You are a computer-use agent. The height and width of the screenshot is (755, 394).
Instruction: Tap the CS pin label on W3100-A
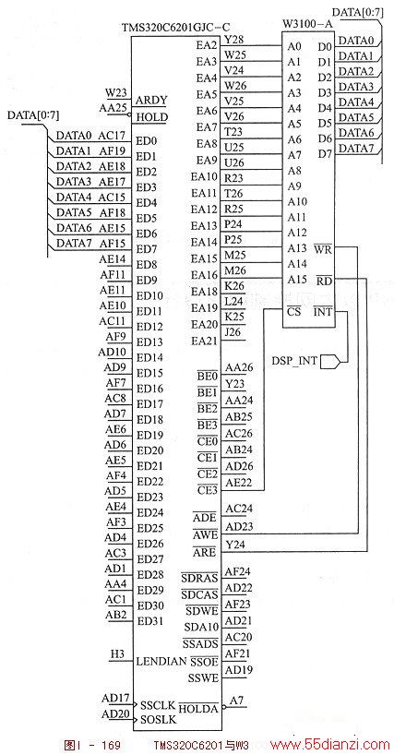coord(294,312)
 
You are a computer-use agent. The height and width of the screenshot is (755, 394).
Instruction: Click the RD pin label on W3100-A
coord(324,281)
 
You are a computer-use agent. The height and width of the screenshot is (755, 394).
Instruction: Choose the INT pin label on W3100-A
coord(322,312)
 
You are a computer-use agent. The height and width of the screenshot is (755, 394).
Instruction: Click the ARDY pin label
coord(151,101)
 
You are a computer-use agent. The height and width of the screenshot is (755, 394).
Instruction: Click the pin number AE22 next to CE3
coord(235,482)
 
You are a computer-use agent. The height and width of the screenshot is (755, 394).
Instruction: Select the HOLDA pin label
coord(198,708)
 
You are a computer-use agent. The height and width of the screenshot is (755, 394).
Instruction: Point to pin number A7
coord(236,701)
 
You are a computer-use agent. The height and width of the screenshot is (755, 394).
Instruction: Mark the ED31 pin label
coord(149,620)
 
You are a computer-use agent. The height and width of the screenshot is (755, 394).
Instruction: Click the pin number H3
coord(117,654)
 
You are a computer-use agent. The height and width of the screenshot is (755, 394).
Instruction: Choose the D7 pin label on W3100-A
coord(325,154)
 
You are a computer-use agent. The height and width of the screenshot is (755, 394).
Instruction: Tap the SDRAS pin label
coord(199,577)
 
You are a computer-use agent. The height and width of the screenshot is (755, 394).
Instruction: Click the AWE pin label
coord(206,535)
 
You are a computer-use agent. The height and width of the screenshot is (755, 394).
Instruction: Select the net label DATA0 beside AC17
coord(74,136)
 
